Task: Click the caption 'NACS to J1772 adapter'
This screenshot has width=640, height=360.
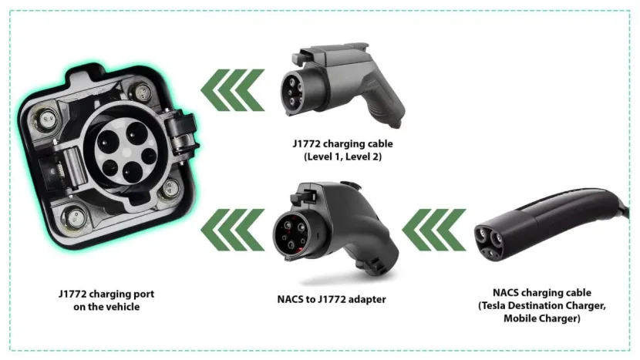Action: (332, 299)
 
